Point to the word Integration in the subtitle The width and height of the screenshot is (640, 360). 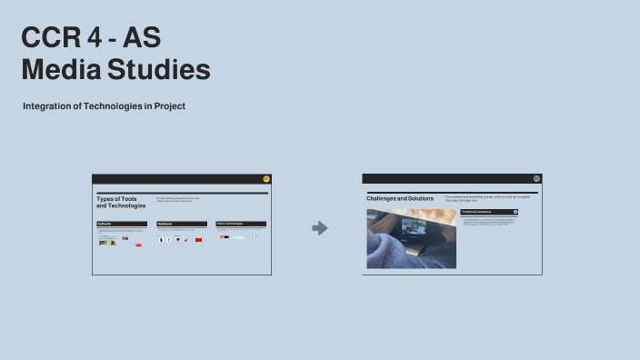tap(49, 106)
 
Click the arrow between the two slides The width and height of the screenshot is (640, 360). tap(319, 228)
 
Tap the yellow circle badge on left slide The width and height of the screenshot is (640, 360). tap(266, 178)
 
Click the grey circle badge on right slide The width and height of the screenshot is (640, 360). tap(536, 178)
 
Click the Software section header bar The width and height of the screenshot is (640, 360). tap(122, 224)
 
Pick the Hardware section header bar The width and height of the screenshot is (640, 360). tap(182, 224)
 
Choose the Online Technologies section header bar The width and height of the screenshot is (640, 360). tap(241, 224)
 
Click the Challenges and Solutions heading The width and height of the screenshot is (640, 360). tap(400, 198)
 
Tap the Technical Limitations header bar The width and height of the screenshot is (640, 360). tap(489, 212)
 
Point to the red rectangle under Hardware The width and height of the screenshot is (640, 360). tap(198, 239)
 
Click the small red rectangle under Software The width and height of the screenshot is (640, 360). tap(138, 245)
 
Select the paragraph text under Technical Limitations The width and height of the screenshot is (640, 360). tap(489, 221)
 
